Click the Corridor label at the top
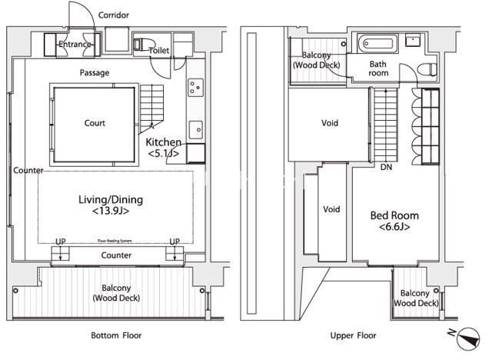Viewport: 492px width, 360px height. [115, 15]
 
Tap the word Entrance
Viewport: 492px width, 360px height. [75, 45]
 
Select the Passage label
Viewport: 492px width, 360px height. [95, 73]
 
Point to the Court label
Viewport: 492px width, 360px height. [95, 123]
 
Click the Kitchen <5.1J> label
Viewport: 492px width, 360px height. [163, 148]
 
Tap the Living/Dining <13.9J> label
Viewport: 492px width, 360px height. [111, 205]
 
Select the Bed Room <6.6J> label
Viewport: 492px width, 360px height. [394, 221]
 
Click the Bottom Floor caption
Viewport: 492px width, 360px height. [116, 336]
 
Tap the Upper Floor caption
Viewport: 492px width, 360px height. [353, 336]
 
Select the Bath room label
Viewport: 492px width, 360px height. [377, 68]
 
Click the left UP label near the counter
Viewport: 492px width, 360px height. [61, 242]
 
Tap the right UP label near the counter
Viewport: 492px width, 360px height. [175, 242]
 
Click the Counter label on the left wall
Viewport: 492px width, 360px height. [28, 171]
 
